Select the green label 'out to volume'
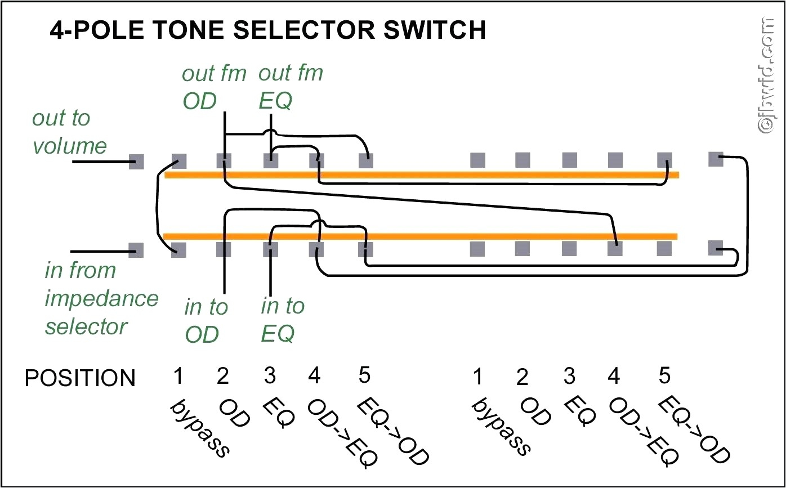pos(69,132)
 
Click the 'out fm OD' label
pos(214,87)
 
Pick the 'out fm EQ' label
pos(291,87)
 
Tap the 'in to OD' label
pos(206,321)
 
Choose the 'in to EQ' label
pos(282,320)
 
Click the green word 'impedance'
pos(101,298)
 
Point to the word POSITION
pos(80,378)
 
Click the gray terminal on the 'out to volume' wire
pos(136,162)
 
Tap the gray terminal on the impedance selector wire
pos(136,249)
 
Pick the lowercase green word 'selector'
pos(86,326)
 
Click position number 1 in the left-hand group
pos(178,376)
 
